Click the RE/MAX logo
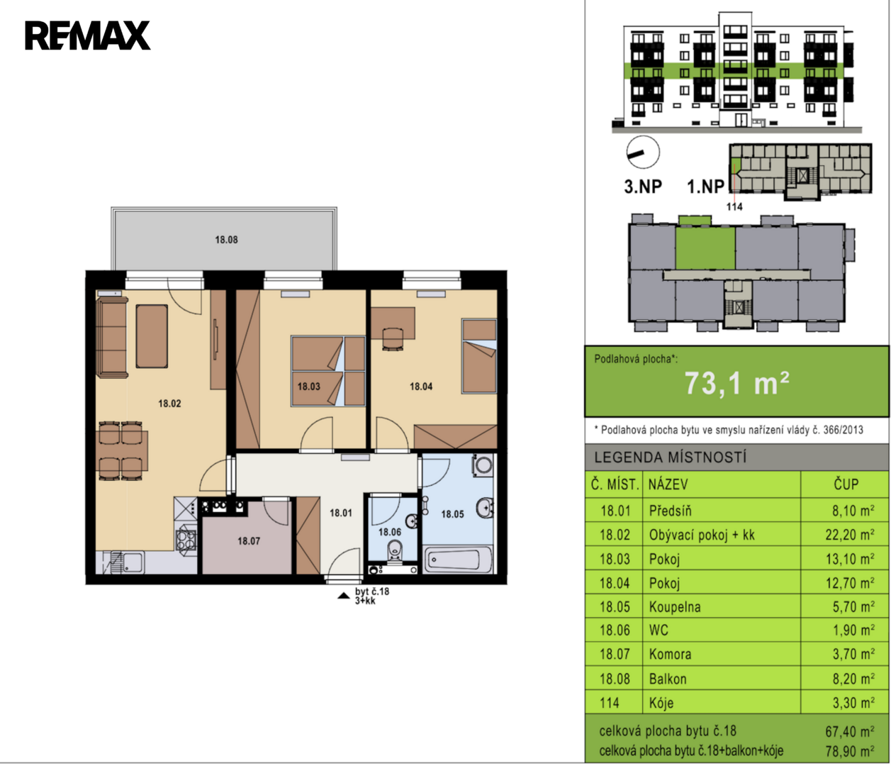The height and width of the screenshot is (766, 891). pos(87,35)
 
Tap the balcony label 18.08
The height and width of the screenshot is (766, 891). pos(226,240)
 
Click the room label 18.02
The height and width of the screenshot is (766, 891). pos(169,404)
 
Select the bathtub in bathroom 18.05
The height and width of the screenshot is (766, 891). pos(458,560)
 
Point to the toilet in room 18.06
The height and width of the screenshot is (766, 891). pos(394,551)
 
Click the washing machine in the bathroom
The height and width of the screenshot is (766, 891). pos(483,465)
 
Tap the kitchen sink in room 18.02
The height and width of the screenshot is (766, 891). pos(128,562)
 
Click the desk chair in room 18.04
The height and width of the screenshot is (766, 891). pos(393,338)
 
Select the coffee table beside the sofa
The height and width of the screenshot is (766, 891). pos(152,336)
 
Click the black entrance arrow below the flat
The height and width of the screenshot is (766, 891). pos(344,596)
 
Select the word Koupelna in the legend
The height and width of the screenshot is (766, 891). pos(675,607)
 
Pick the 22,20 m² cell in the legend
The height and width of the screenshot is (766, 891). pos(850,535)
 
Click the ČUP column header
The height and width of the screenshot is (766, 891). pos(846,484)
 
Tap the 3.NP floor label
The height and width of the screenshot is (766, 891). pos(643,187)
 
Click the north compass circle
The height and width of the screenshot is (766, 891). pos(643,152)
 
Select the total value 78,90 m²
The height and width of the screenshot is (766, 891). pos(850,751)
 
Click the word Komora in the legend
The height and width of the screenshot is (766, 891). pos(670,654)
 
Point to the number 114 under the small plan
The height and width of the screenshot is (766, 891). pos(734,206)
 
